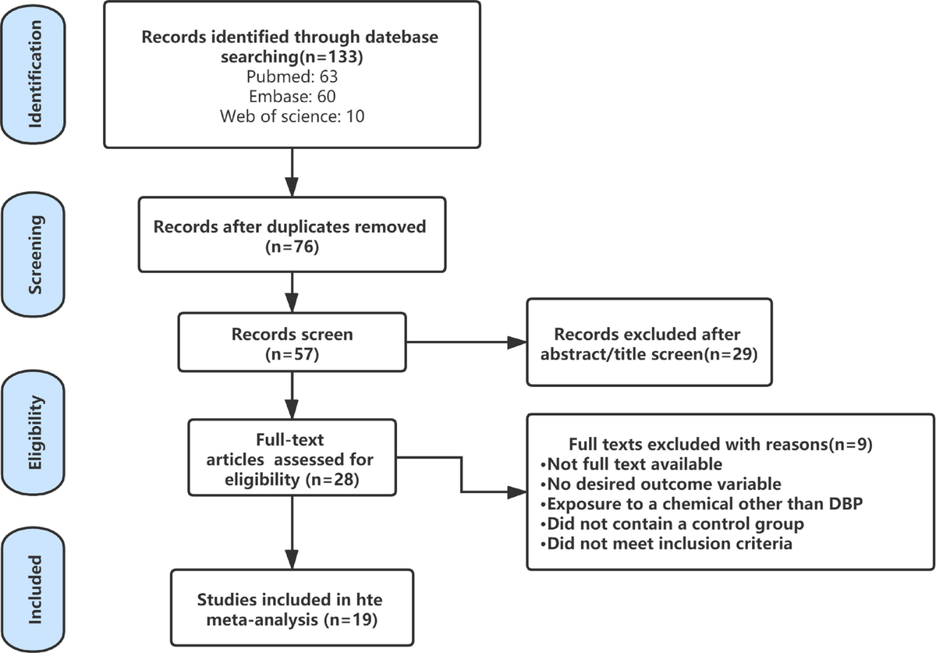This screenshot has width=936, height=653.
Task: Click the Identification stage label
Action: pyautogui.click(x=34, y=74)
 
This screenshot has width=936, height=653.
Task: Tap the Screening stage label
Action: pyautogui.click(x=34, y=254)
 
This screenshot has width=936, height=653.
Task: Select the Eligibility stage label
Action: pyautogui.click(x=34, y=432)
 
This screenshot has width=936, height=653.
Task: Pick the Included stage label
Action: pyautogui.click(x=34, y=590)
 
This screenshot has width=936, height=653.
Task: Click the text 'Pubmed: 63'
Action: pyautogui.click(x=292, y=76)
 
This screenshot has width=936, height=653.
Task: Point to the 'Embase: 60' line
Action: pyautogui.click(x=292, y=96)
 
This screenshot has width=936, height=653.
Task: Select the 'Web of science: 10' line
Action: pyautogui.click(x=292, y=116)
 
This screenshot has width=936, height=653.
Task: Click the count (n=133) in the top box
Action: pyautogui.click(x=331, y=57)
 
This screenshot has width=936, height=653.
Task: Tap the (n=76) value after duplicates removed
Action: pyautogui.click(x=292, y=247)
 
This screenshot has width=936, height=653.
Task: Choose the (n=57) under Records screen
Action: pyautogui.click(x=292, y=354)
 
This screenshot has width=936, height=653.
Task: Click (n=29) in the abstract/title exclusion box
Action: pyautogui.click(x=730, y=354)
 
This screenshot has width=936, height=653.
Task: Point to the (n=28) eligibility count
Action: pyautogui.click(x=332, y=479)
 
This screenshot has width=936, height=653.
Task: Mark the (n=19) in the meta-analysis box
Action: pyautogui.click(x=350, y=619)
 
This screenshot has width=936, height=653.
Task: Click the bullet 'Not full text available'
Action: pyautogui.click(x=631, y=464)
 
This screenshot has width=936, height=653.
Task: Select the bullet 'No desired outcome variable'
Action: pyautogui.click(x=661, y=484)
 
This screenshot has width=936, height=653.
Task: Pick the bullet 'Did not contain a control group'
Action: pyautogui.click(x=672, y=523)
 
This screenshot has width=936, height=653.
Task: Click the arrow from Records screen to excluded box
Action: pyautogui.click(x=466, y=342)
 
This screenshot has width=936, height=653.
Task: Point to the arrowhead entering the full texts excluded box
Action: pyautogui.click(x=517, y=492)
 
